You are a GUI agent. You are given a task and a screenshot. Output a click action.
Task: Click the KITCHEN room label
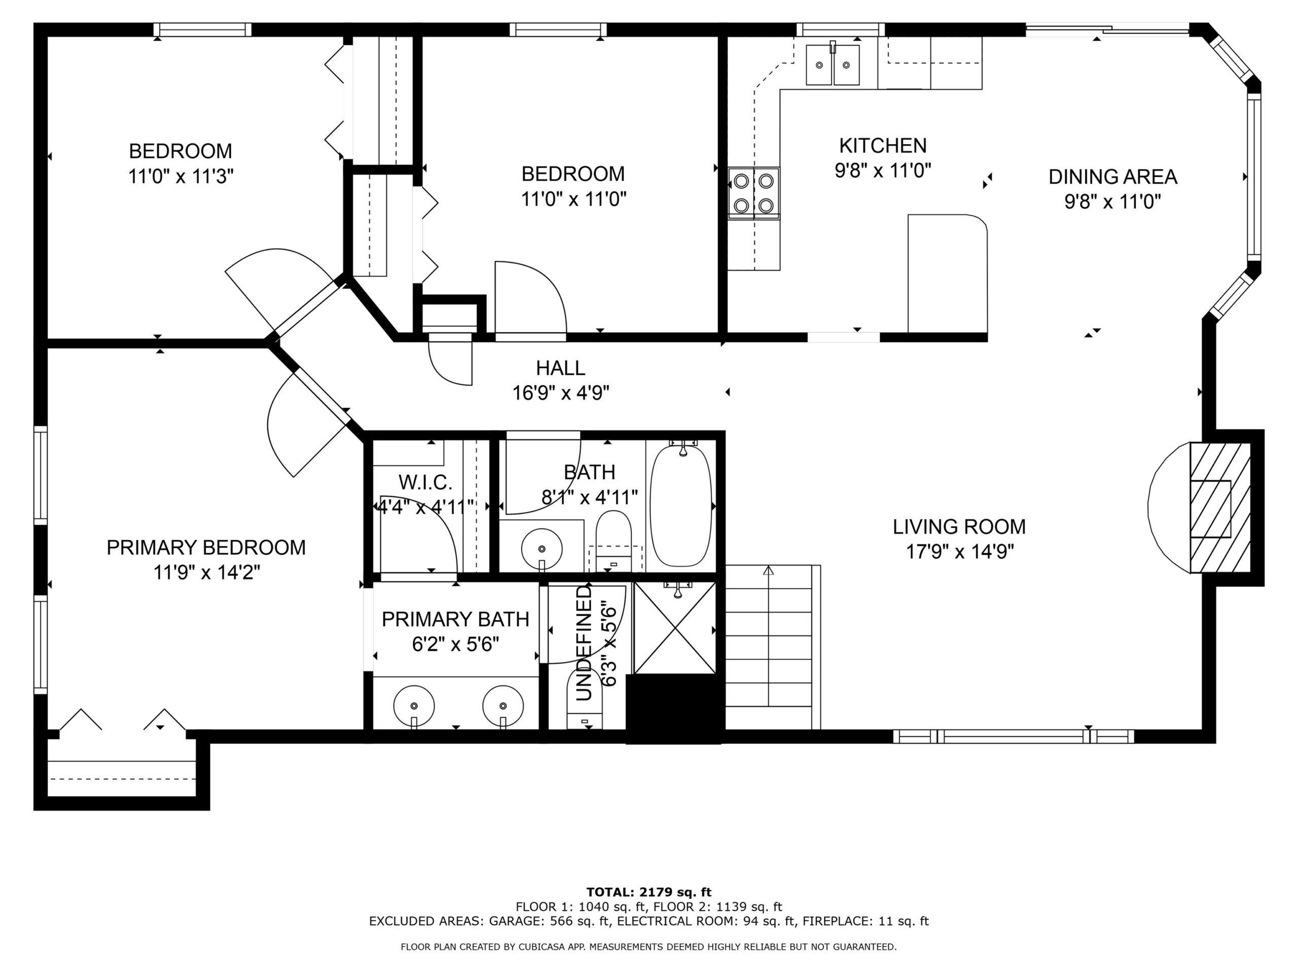[x=883, y=146]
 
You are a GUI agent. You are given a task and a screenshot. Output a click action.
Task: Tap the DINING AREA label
[x=1112, y=177]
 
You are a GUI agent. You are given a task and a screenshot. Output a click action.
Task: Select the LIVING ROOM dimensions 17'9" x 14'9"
[x=960, y=552]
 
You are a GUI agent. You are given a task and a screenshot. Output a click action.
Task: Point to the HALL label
[x=560, y=368]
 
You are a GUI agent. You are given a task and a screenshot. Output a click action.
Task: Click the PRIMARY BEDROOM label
[x=206, y=547]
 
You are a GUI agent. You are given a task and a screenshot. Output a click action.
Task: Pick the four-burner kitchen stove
[x=754, y=193]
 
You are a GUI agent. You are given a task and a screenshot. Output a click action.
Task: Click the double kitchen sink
[x=833, y=64]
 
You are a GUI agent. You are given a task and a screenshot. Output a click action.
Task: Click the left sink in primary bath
[x=414, y=705]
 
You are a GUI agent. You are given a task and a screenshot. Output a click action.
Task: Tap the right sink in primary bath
[x=503, y=705]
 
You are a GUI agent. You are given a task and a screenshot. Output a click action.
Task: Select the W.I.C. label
[x=425, y=482]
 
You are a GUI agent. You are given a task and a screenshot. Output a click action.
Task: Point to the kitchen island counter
[x=947, y=275]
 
